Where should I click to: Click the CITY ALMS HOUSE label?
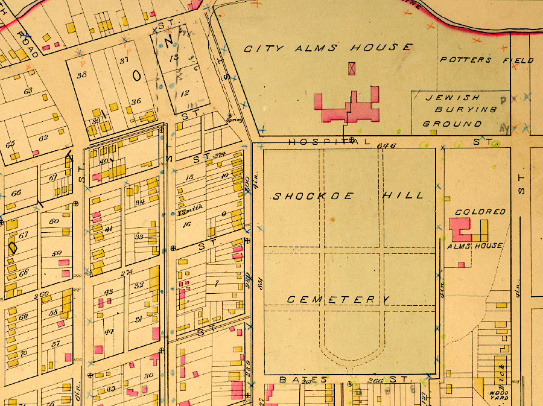pos(328,48)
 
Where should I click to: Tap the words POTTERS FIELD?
pos(486,60)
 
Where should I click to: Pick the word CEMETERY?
pos(338,299)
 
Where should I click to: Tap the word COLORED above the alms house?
pos(480,212)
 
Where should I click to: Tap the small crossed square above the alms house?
pos(352,68)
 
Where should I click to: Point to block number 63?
pos(28,91)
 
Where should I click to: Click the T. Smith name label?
pos(191,212)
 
